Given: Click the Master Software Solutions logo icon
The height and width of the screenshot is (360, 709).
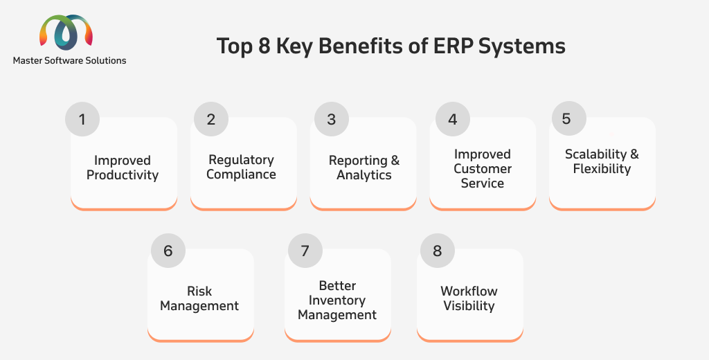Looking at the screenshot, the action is pos(66,32).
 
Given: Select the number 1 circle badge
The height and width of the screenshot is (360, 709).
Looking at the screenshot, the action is pos(82,119).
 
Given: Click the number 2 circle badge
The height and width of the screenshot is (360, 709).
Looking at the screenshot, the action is pos(211,119).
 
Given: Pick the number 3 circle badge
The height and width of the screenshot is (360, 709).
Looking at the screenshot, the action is pos(332,119).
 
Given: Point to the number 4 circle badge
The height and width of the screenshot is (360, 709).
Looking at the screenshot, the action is pos(453,119).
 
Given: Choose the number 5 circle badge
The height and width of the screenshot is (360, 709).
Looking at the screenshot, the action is pos(569,118).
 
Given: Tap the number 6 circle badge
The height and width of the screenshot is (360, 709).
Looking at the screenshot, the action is pos(168,251).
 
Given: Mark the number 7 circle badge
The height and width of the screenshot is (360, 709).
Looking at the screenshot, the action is pos(305,251).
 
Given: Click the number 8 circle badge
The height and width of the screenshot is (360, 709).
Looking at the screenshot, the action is pos(438,251).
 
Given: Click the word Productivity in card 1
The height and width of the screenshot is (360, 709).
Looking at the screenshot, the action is pos(123,175).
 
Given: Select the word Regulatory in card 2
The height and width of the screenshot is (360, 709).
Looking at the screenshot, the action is pos(241,160).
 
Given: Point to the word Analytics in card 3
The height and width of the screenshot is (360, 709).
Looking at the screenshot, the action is pos(364,175).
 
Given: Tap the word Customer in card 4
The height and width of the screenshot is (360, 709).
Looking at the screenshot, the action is pos(483,169).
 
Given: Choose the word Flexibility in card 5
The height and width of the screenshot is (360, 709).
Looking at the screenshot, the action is pos(602,169).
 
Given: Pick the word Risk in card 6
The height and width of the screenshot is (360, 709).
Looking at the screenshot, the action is pos(199,291).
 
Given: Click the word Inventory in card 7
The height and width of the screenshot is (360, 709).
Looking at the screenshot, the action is pos(337,300).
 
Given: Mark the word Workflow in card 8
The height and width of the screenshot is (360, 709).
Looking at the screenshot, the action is pos(469,291).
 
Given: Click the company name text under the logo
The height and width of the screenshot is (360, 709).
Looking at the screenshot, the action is pos(70,61).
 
